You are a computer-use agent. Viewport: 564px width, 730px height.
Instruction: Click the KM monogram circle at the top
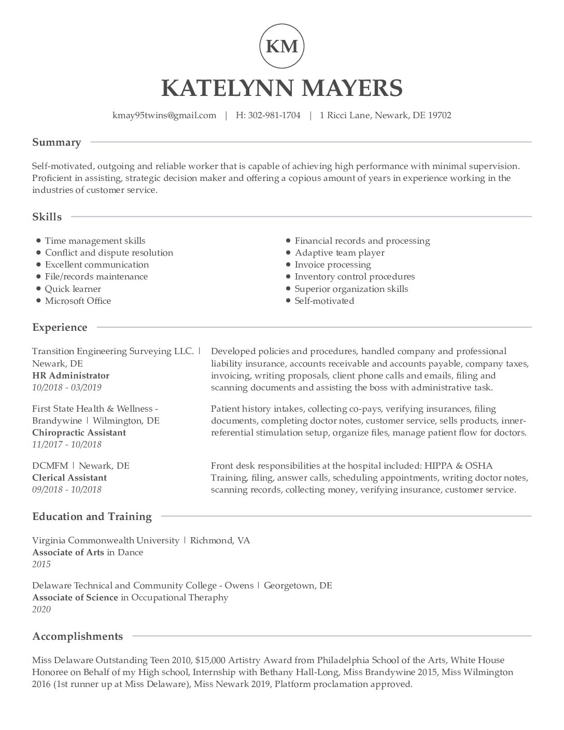click(x=281, y=46)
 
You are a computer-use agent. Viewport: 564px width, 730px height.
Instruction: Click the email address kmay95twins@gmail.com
click(x=164, y=115)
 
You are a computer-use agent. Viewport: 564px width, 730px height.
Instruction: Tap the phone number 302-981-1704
click(x=274, y=115)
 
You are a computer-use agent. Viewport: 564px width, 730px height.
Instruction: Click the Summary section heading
click(x=57, y=143)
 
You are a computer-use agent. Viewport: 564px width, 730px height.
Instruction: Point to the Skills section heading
click(x=47, y=217)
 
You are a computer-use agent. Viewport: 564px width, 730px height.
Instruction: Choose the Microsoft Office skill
click(x=78, y=301)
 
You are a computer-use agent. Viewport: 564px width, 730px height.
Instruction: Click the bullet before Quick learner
click(x=39, y=289)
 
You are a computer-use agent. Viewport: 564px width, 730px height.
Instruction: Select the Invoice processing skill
click(x=333, y=264)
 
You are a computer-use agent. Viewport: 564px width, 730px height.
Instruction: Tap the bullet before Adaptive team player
click(x=288, y=252)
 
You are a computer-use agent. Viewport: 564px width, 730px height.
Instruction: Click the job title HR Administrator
click(x=70, y=375)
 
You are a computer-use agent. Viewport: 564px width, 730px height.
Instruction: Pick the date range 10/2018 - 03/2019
click(x=67, y=387)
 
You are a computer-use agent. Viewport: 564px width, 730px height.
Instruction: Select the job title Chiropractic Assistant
click(x=79, y=432)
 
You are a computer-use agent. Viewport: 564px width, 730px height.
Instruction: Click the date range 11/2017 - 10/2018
click(x=67, y=444)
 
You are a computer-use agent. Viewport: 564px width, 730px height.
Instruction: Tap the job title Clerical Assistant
click(x=69, y=478)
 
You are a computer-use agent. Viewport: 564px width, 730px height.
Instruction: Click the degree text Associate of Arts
click(x=68, y=552)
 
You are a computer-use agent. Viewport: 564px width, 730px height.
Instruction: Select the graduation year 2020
click(x=41, y=609)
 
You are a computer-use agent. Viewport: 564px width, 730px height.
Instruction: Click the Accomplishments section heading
click(x=78, y=636)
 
